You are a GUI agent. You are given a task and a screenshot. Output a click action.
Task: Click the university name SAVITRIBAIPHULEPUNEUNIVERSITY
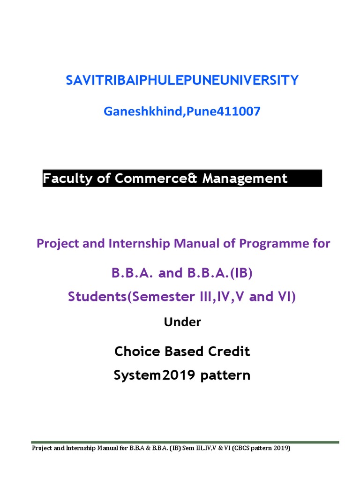(x=182, y=81)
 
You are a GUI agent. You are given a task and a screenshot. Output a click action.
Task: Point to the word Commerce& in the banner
(x=153, y=179)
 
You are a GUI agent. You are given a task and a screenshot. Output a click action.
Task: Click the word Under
(x=182, y=322)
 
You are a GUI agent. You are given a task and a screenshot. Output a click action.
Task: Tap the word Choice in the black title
(x=135, y=352)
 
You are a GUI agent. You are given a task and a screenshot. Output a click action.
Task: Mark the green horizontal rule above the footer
(x=185, y=442)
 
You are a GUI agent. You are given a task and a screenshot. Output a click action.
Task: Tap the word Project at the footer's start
(x=41, y=449)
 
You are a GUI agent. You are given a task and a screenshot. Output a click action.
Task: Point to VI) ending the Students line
(x=286, y=297)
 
